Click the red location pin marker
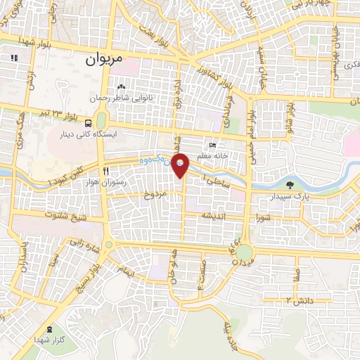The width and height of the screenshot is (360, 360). click(x=181, y=166)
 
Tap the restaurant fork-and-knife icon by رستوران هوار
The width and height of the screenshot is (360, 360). click(x=105, y=170)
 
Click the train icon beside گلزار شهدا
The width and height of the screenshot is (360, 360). click(x=49, y=329)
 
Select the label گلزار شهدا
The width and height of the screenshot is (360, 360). click(x=49, y=340)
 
